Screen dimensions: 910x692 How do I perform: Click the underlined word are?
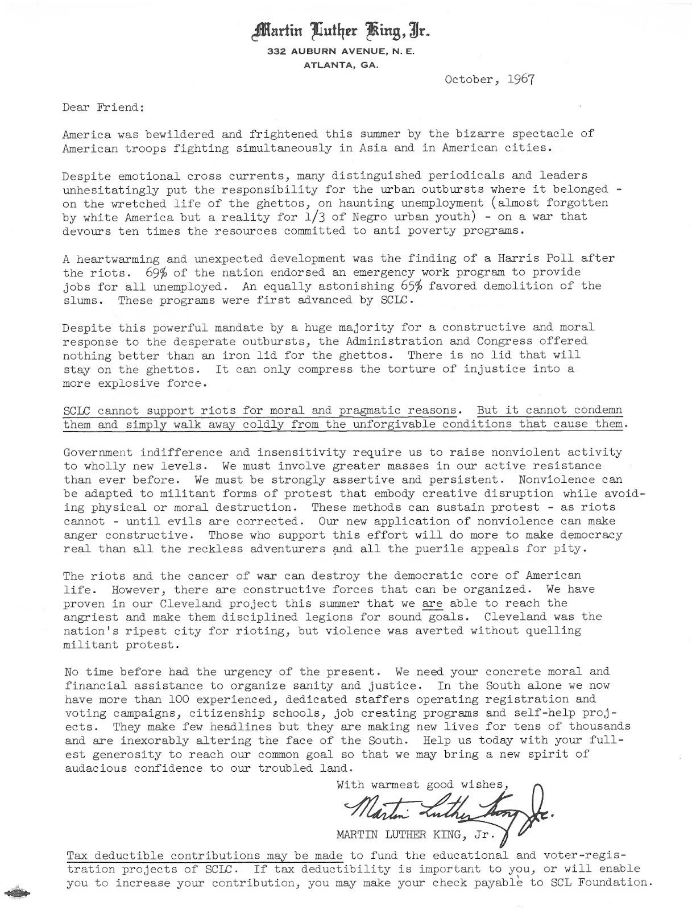pyautogui.click(x=433, y=603)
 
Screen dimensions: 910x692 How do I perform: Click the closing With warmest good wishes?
pyautogui.click(x=421, y=785)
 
